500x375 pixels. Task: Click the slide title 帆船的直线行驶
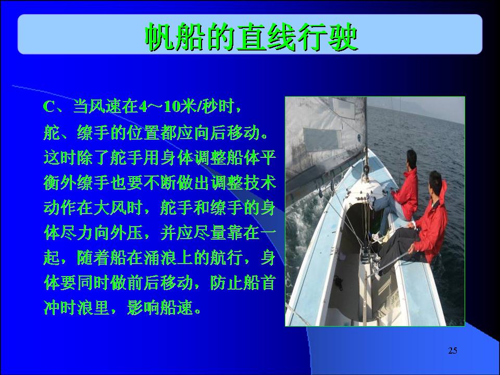point(252,37)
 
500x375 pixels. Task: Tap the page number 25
point(453,351)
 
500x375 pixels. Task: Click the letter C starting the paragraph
point(49,107)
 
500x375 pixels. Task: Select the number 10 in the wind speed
point(172,107)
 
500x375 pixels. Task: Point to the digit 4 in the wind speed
point(143,107)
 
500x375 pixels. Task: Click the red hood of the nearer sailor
point(443,191)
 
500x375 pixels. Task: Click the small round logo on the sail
point(359,137)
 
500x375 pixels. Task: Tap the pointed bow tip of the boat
point(368,150)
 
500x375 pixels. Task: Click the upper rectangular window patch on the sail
point(344,108)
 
